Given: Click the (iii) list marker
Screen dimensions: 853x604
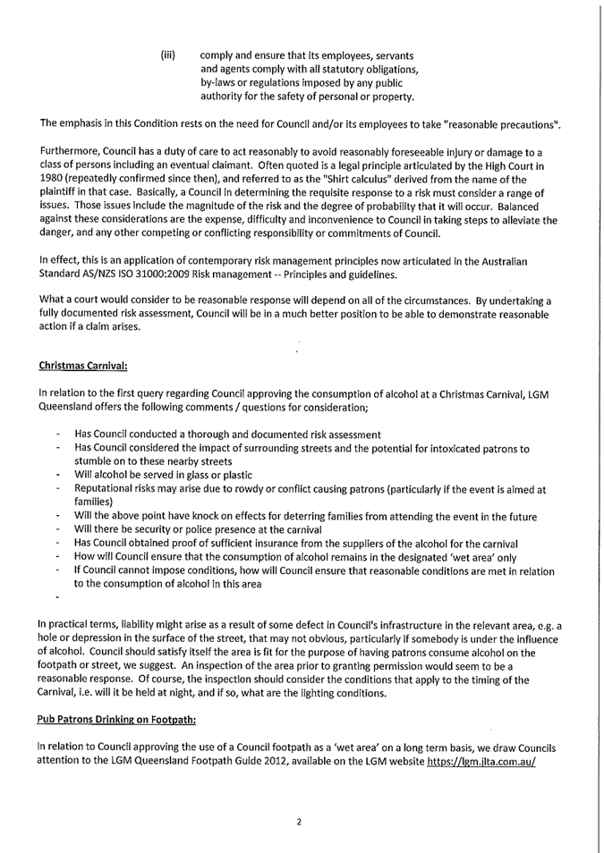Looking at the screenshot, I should [167, 55].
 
